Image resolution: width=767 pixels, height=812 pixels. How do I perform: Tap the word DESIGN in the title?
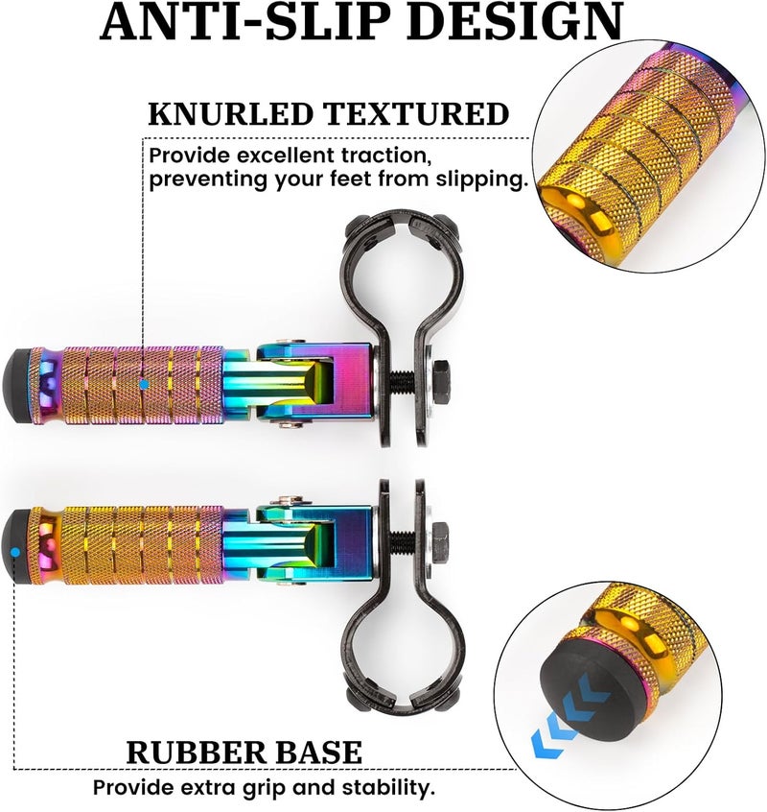519,21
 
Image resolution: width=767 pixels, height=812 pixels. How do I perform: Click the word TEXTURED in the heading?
416,114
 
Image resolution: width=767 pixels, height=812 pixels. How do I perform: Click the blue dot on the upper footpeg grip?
143,384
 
